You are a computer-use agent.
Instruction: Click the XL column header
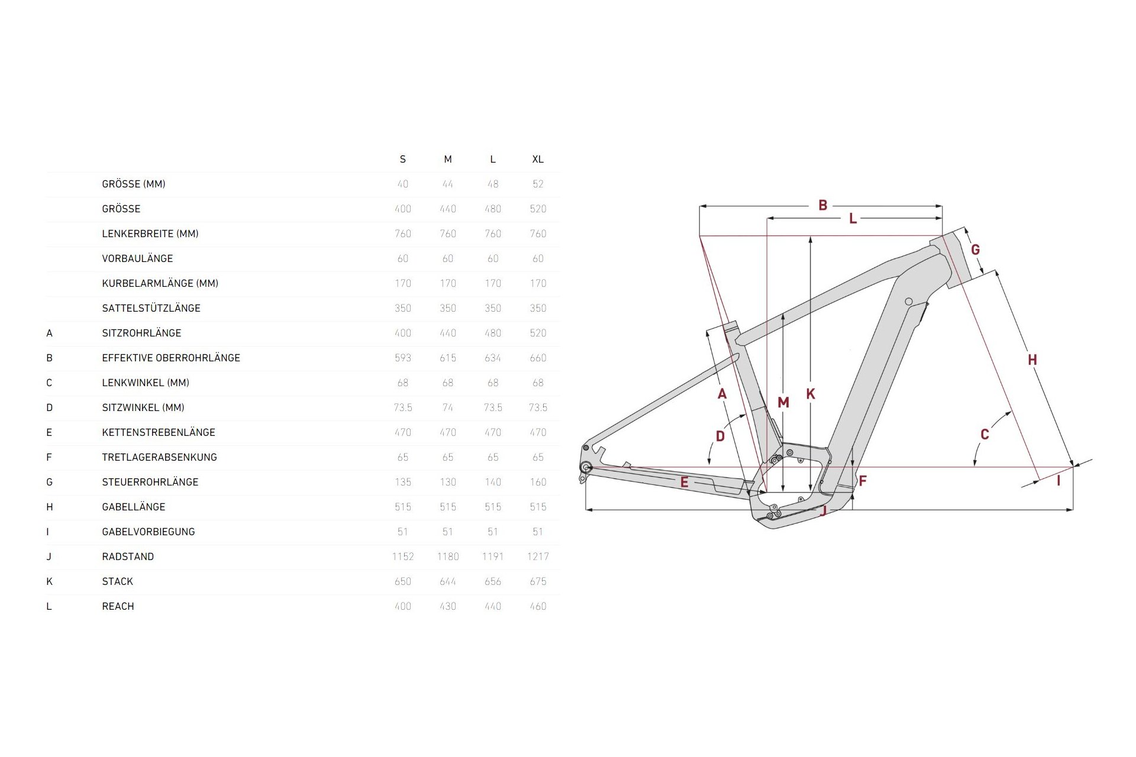(537, 159)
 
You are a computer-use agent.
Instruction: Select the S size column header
(403, 159)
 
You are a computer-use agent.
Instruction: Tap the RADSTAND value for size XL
(537, 557)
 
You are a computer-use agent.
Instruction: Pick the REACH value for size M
(448, 606)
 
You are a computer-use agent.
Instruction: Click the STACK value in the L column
(493, 581)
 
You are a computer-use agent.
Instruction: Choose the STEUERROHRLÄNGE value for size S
(403, 482)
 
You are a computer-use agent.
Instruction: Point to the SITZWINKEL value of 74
(448, 407)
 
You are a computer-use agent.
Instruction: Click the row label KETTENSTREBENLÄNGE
(159, 432)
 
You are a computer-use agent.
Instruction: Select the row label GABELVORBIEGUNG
(149, 532)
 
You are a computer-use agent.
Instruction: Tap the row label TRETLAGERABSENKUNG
(160, 457)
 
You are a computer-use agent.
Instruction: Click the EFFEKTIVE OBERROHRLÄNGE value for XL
(537, 358)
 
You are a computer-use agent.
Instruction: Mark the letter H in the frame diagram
(1032, 360)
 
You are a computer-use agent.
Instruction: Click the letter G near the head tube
(976, 250)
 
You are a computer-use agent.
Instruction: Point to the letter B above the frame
(823, 205)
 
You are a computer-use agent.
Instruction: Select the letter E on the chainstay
(685, 482)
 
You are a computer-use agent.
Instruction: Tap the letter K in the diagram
(811, 394)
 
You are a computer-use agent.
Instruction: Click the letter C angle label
(985, 435)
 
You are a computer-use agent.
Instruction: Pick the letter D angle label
(720, 436)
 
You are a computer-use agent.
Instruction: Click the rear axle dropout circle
(586, 467)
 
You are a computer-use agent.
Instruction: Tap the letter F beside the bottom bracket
(863, 481)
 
